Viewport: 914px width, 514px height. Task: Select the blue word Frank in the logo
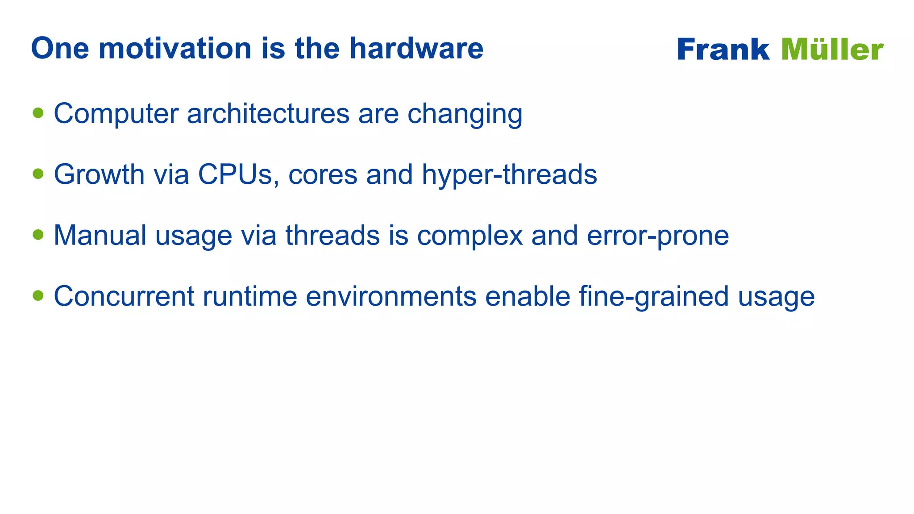pos(723,50)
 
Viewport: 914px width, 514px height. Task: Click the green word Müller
pos(832,50)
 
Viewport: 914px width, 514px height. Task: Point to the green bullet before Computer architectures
pos(38,113)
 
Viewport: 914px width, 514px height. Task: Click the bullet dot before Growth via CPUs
pos(38,174)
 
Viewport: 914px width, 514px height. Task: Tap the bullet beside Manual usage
pos(38,235)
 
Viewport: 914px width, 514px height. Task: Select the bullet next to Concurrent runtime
pos(38,295)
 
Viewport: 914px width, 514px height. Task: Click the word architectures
pos(268,113)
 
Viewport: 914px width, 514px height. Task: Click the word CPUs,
pos(239,174)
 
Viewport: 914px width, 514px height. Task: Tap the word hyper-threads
pos(509,174)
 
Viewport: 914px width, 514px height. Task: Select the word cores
pos(323,174)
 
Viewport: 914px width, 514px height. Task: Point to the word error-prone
pos(658,236)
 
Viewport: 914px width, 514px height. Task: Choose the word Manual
pos(100,235)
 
